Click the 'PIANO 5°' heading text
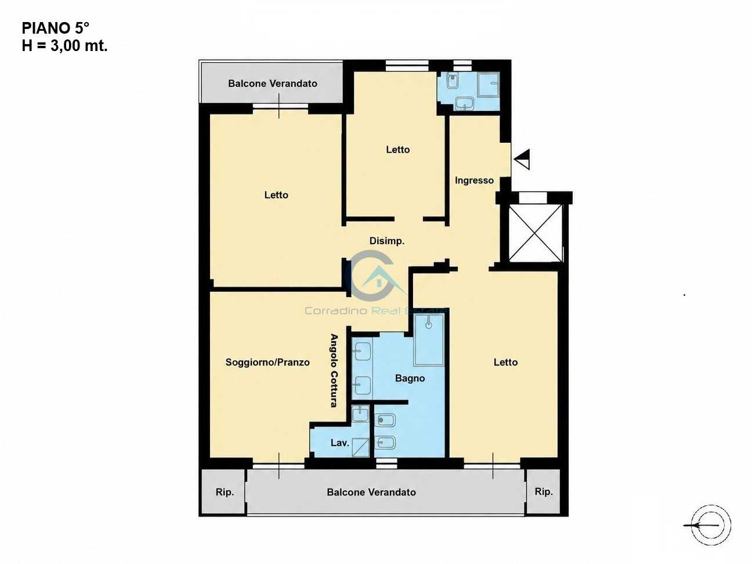tap(56, 28)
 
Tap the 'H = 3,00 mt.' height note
tap(65, 46)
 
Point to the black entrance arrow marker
tap(522, 159)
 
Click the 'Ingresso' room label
tap(474, 180)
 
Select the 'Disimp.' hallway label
tap(387, 241)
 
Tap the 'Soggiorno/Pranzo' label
tap(267, 362)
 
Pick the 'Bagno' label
tap(410, 378)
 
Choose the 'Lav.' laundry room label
tap(340, 443)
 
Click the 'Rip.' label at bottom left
tap(225, 492)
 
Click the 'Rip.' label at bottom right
tap(544, 491)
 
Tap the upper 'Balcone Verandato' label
tap(273, 84)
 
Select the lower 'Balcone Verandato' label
tap(371, 492)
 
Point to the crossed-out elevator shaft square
tap(536, 233)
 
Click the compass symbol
tap(710, 525)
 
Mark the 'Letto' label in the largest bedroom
tap(276, 195)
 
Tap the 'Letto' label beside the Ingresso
tap(397, 150)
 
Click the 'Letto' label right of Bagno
tap(505, 362)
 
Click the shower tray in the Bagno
tap(429, 340)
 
